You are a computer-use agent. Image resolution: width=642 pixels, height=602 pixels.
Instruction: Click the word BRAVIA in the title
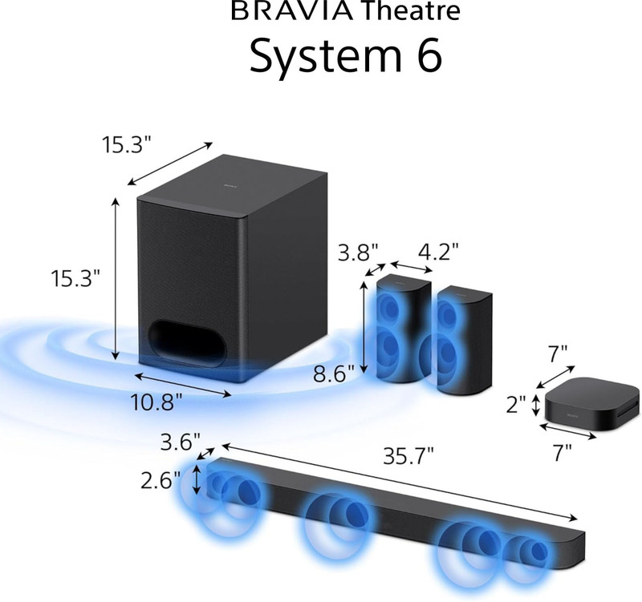pyautogui.click(x=291, y=10)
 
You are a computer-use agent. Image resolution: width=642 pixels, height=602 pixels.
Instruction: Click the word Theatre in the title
pyautogui.click(x=412, y=10)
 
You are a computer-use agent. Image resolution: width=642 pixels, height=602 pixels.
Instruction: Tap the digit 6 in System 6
pyautogui.click(x=429, y=55)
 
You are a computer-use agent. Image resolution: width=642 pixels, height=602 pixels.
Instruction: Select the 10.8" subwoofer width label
pyautogui.click(x=156, y=402)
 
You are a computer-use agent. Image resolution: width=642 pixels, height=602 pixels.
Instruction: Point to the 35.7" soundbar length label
pyautogui.click(x=408, y=456)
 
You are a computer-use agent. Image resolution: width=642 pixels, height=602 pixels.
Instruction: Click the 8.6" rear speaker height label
pyautogui.click(x=333, y=374)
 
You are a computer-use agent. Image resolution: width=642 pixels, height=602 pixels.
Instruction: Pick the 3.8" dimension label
pyautogui.click(x=358, y=253)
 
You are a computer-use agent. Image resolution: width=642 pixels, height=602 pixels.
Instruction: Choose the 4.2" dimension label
pyautogui.click(x=438, y=253)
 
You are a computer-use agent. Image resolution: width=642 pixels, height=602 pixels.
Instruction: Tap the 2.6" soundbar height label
pyautogui.click(x=160, y=480)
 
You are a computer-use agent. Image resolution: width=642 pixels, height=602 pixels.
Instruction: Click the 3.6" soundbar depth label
pyautogui.click(x=180, y=442)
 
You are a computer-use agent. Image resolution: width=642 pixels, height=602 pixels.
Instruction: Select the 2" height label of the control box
pyautogui.click(x=515, y=406)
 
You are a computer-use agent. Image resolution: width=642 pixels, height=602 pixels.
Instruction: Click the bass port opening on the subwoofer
pyautogui.click(x=188, y=343)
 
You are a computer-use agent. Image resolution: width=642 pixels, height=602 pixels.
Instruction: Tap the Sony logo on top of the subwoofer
pyautogui.click(x=230, y=187)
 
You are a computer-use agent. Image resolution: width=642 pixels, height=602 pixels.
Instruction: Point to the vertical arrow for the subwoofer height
pyautogui.click(x=116, y=278)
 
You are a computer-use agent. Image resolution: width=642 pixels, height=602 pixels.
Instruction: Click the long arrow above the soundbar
pyautogui.click(x=399, y=482)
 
